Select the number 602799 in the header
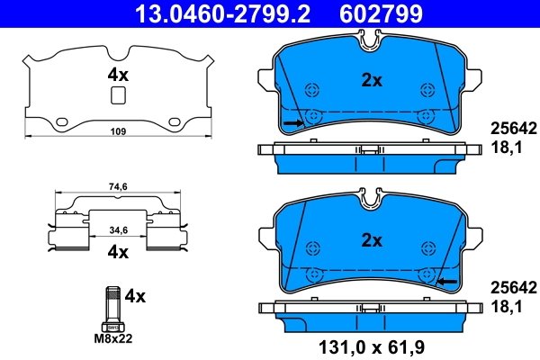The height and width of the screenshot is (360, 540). [x=382, y=13]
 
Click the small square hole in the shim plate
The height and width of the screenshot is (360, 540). [x=116, y=97]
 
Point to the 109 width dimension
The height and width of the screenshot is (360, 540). [x=117, y=131]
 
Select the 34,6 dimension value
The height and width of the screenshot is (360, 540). [x=118, y=231]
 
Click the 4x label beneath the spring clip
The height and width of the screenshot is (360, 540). [x=118, y=253]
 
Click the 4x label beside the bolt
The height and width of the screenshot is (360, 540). [x=135, y=294]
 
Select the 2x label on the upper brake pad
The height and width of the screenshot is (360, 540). [x=372, y=80]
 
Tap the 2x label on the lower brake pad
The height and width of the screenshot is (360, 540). [x=372, y=241]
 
